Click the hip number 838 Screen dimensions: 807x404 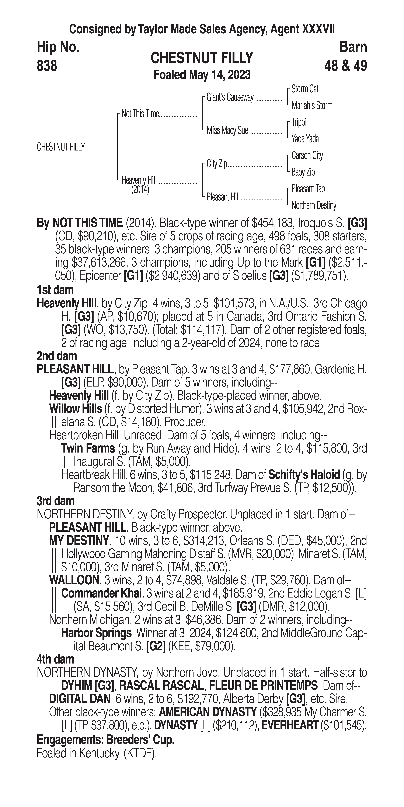(47, 66)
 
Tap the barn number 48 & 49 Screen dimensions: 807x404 (345, 66)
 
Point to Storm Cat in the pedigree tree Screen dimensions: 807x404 (305, 89)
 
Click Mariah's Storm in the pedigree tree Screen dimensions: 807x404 (312, 106)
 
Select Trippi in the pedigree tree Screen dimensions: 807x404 (299, 122)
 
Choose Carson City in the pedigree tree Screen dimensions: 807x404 (307, 155)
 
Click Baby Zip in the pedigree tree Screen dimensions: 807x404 (303, 172)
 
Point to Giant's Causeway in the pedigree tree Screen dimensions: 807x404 (230, 97)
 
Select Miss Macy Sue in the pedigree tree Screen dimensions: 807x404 (227, 130)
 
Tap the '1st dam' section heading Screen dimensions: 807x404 (55, 290)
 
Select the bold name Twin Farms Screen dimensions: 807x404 (88, 448)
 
